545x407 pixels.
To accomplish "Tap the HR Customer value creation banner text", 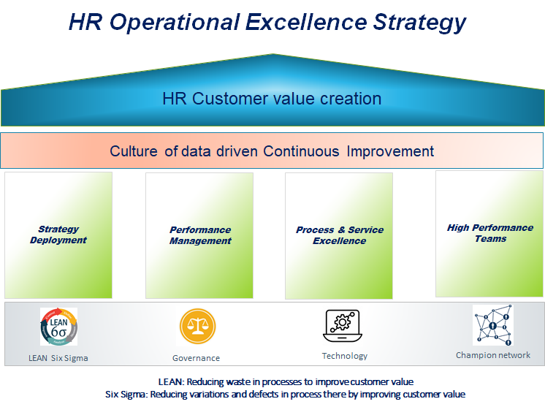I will (272, 99).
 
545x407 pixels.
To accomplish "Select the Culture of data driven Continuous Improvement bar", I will (272, 151).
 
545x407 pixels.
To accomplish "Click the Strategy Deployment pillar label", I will (58, 235).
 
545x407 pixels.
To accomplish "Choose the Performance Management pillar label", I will (200, 235).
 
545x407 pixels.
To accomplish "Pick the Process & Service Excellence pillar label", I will (339, 235).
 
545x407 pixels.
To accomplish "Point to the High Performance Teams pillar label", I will (490, 233).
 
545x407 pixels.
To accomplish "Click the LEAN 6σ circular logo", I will (58, 327).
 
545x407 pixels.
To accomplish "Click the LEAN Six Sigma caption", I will (58, 358).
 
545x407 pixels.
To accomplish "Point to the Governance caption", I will (196, 358).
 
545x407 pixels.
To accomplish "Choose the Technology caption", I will (344, 356).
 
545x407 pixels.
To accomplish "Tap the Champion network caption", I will (492, 355).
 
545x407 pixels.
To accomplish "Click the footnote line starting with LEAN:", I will (286, 381).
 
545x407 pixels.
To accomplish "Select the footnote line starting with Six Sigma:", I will (286, 394).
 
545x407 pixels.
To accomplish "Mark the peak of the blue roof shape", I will (272, 55).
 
